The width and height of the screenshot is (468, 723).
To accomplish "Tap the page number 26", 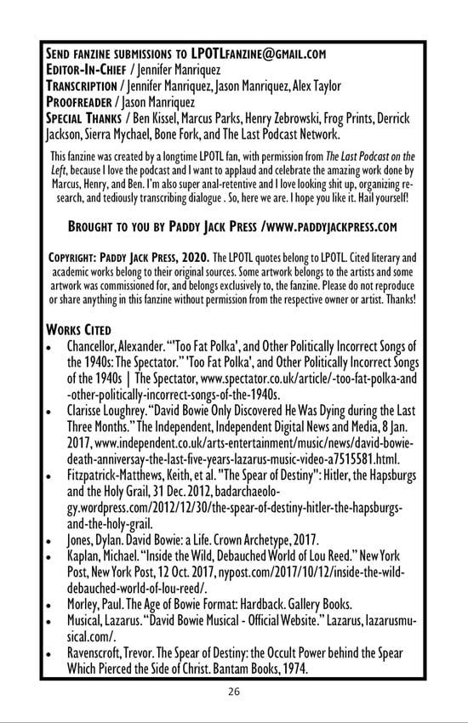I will coord(234,691).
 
